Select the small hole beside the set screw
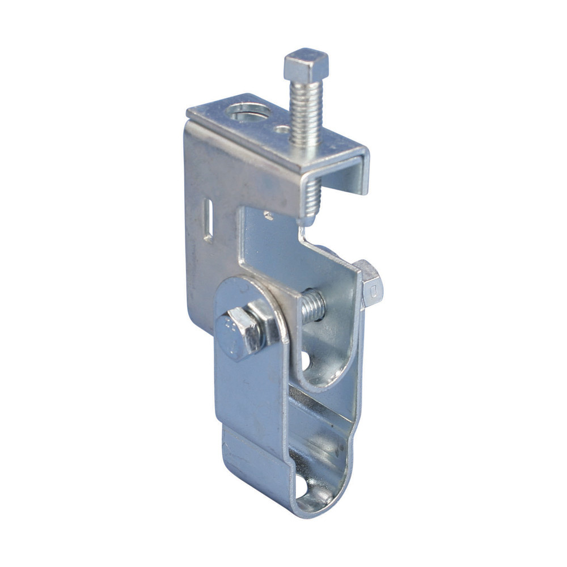click(282, 130)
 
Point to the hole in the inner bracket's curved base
click(306, 359)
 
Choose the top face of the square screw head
click(306, 58)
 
